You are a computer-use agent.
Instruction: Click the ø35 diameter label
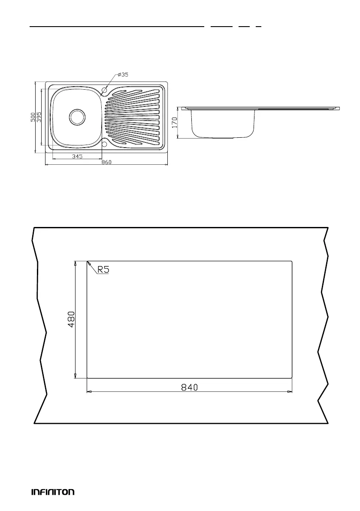(123, 75)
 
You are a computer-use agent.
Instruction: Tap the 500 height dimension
(33, 117)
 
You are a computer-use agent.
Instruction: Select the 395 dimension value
(39, 117)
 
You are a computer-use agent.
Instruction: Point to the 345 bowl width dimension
(77, 157)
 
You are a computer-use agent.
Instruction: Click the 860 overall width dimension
(106, 162)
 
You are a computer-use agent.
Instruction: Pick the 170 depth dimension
(175, 123)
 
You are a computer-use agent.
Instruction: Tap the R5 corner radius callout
(103, 270)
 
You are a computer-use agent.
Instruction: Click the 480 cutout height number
(71, 319)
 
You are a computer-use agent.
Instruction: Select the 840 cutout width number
(189, 387)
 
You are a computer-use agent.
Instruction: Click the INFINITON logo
(53, 492)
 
